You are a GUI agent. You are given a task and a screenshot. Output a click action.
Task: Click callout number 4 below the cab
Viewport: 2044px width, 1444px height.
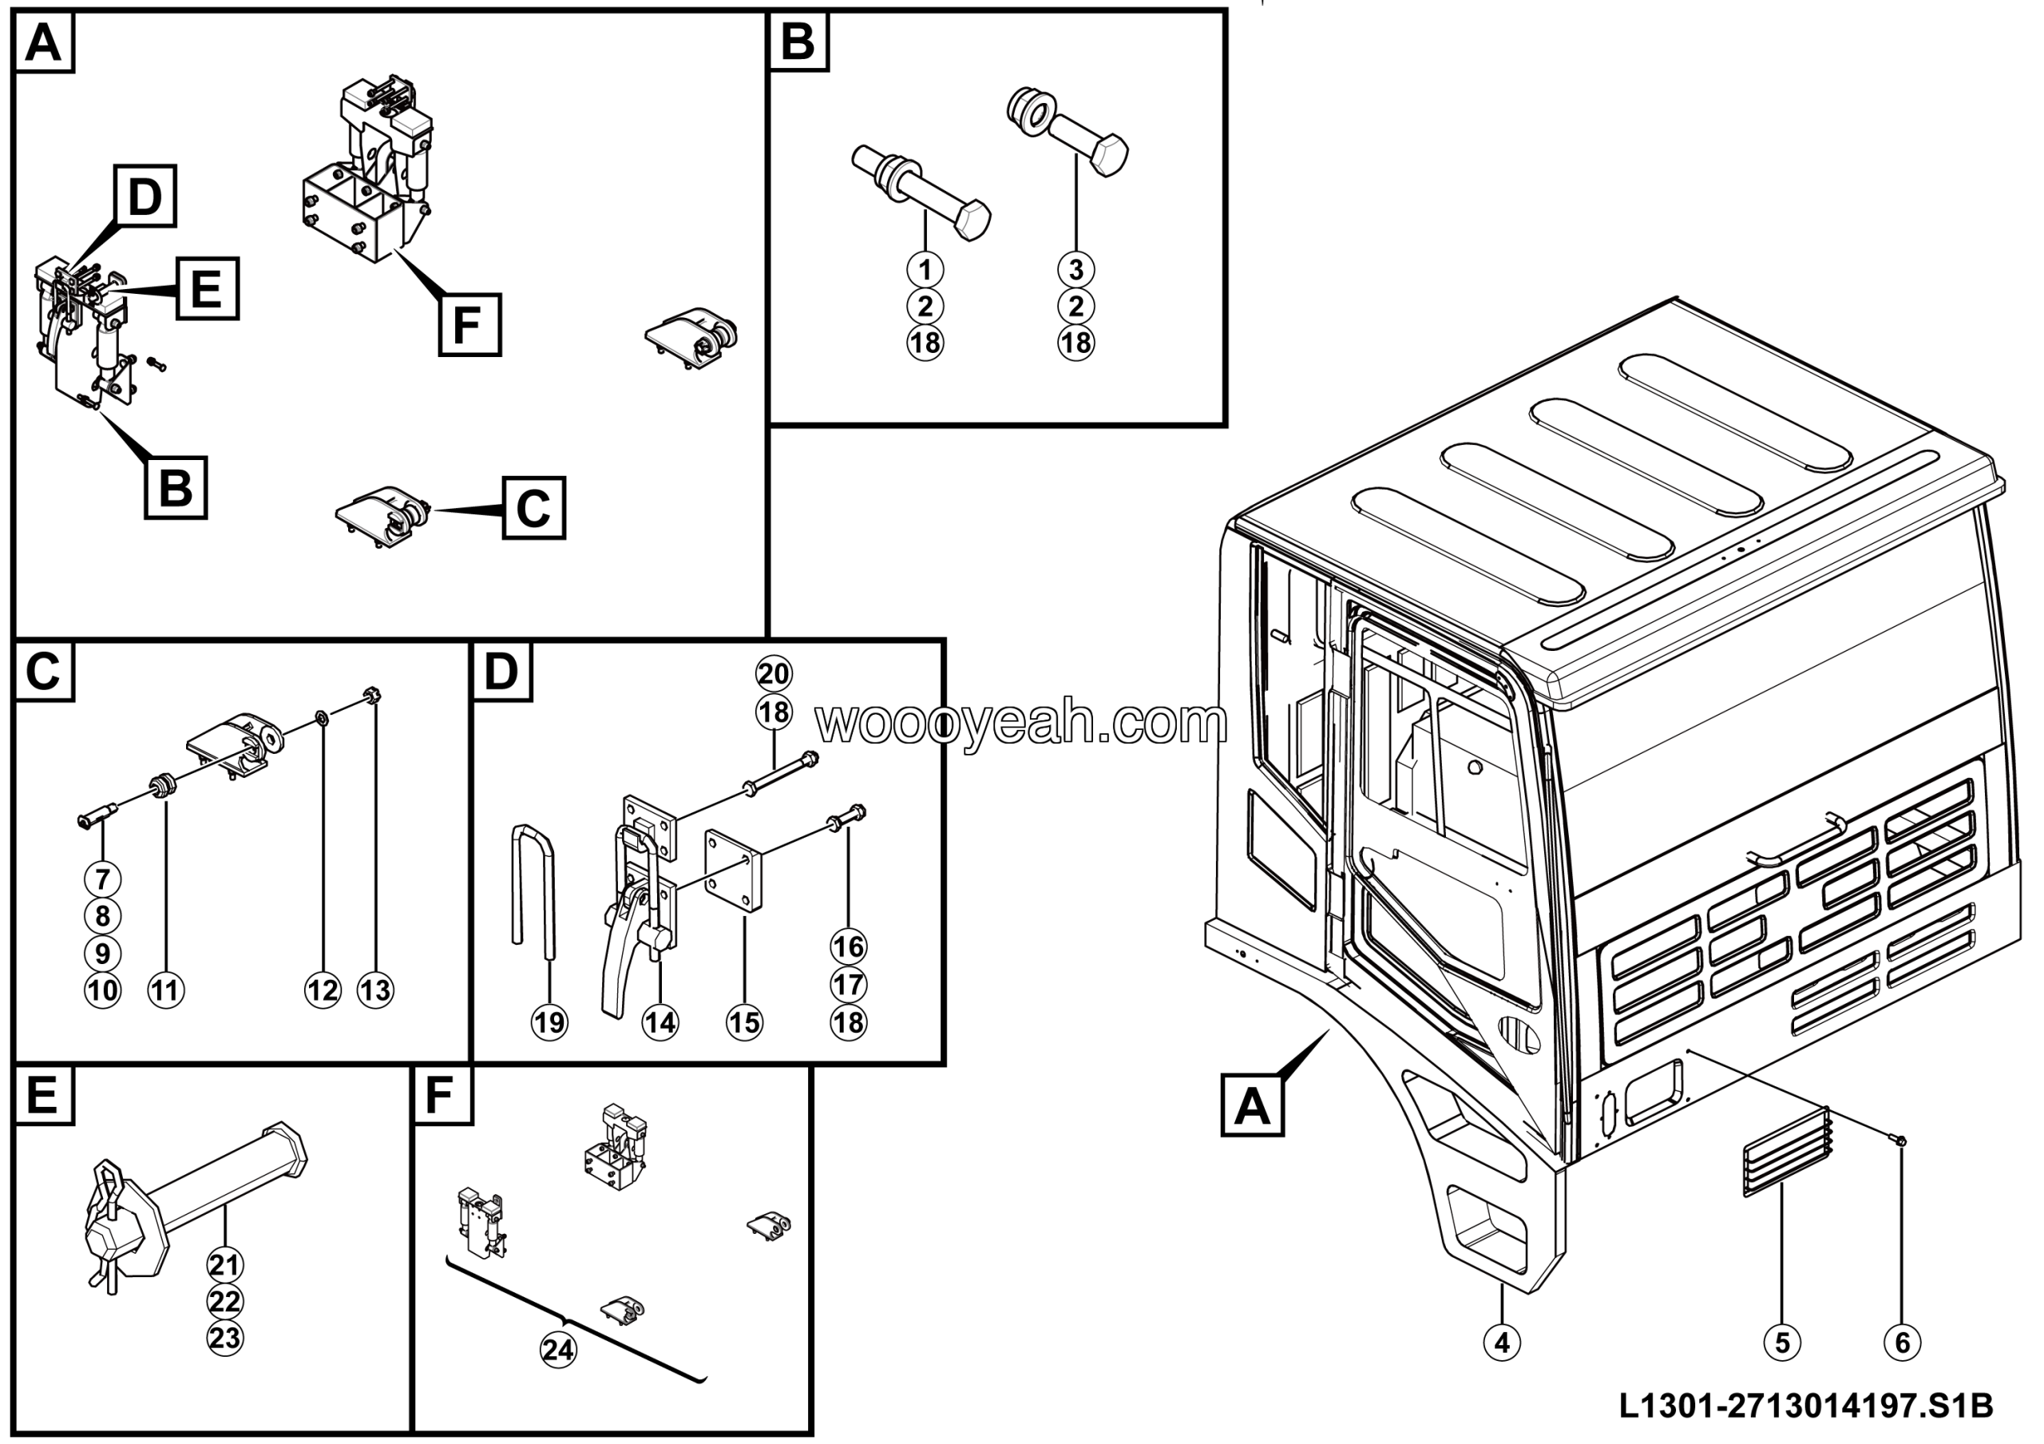(x=1502, y=1342)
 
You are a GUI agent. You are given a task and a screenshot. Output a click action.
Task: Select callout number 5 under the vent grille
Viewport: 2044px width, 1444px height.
(x=1782, y=1342)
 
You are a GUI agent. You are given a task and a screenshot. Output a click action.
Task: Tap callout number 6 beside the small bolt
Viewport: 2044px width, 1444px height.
(x=1903, y=1342)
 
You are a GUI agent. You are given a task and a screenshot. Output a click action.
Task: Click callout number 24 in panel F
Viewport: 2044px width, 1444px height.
(x=558, y=1350)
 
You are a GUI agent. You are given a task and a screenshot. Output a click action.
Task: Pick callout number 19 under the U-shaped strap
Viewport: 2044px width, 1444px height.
(x=549, y=1022)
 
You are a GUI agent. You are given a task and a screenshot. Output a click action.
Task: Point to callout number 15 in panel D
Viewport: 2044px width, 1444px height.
(x=744, y=1022)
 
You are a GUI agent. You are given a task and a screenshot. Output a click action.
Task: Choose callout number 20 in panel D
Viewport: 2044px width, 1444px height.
(x=773, y=674)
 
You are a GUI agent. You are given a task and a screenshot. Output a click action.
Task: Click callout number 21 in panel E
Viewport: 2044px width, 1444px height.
(x=224, y=1264)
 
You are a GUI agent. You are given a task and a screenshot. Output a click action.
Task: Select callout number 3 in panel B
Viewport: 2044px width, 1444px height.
(x=1075, y=269)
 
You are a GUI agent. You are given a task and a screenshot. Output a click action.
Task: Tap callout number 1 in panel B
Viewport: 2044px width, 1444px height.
(x=925, y=269)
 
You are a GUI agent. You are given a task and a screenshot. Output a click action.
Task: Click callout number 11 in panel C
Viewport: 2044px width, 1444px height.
(x=165, y=990)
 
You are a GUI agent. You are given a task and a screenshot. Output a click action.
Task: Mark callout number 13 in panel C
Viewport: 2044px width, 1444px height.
(x=374, y=990)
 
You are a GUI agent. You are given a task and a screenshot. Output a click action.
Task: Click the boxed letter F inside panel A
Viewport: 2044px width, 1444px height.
(x=469, y=324)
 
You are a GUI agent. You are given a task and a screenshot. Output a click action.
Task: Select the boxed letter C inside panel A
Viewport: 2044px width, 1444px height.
(x=533, y=508)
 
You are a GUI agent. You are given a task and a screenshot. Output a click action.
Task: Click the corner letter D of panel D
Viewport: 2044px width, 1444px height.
(x=501, y=671)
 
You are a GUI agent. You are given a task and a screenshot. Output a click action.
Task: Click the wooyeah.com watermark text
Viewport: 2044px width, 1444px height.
(x=1021, y=723)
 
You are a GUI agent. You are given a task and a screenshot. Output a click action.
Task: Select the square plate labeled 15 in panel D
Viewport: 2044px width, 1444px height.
(x=734, y=870)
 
